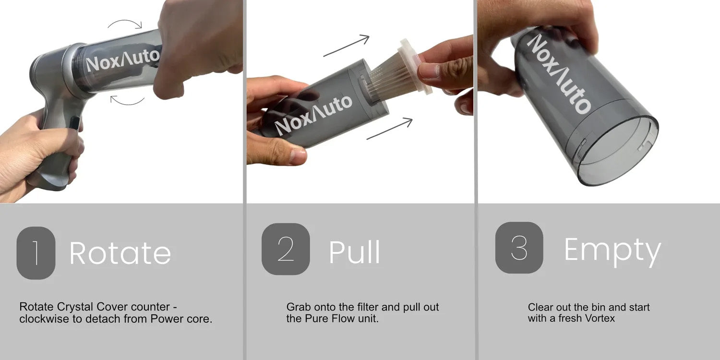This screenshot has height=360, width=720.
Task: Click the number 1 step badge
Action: pos(36,252)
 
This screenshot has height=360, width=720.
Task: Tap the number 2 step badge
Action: pos(286,249)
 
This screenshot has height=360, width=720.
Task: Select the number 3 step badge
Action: pos(519,248)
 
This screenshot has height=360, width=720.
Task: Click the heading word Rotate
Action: pos(120,253)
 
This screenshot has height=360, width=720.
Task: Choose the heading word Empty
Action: pos(612,252)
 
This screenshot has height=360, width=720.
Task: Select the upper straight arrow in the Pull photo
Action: pos(347,45)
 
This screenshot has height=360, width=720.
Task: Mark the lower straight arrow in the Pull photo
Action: pos(390,129)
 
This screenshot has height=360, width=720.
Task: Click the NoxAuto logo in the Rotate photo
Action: pos(123,60)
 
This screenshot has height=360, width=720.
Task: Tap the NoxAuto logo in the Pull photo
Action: pos(313,115)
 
